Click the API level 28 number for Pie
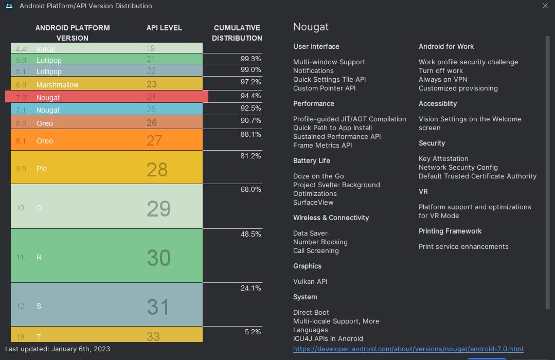coord(157,169)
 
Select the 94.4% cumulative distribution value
coord(250,96)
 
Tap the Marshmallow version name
coord(57,85)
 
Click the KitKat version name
coord(46,49)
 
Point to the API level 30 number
coord(158,258)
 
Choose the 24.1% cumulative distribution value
coord(250,288)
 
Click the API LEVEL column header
coord(164,28)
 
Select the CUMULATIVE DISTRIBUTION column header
coord(237,33)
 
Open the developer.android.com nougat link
coord(408,349)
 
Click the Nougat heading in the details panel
coord(311,27)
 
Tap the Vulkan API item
coord(310,281)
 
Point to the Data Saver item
coord(310,233)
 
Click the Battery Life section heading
coord(311,160)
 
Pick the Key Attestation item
coord(443,158)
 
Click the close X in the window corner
coord(545,6)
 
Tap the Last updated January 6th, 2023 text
coord(58,349)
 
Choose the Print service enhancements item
coord(463,246)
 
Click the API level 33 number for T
coord(153,337)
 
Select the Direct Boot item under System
coord(311,312)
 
